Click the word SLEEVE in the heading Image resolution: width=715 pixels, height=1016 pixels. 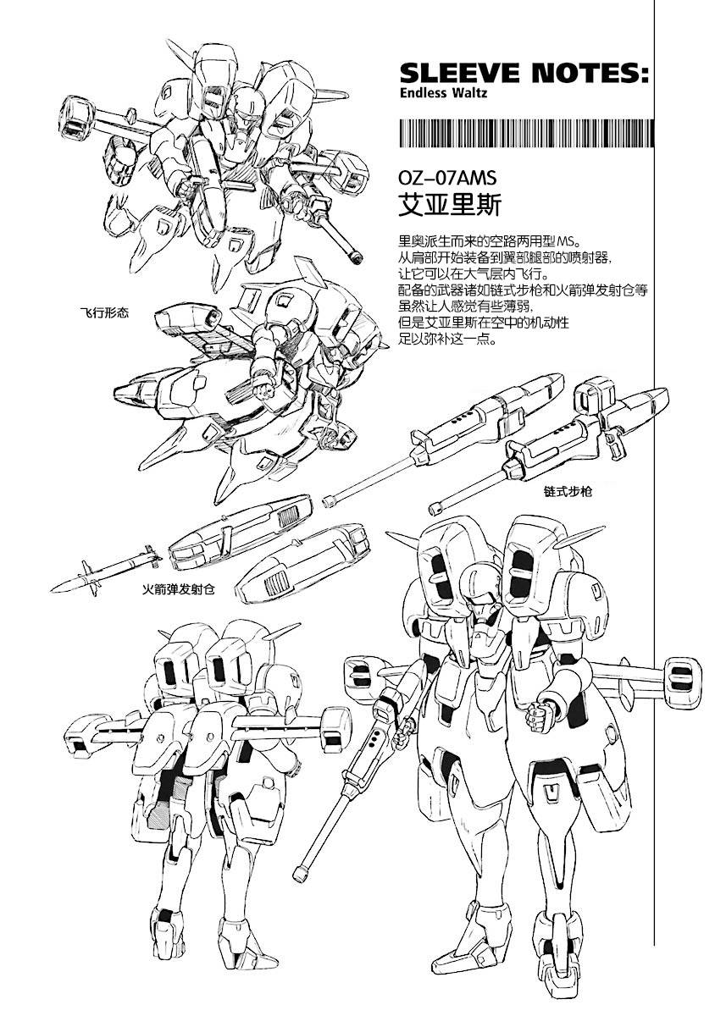(x=459, y=74)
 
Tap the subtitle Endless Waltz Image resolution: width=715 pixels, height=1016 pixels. (x=444, y=93)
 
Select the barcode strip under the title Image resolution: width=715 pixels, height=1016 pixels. (x=526, y=133)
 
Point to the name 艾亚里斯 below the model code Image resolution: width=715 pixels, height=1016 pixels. (x=450, y=205)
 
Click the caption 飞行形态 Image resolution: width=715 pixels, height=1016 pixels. (x=104, y=312)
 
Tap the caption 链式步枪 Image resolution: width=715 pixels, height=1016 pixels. (x=568, y=491)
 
